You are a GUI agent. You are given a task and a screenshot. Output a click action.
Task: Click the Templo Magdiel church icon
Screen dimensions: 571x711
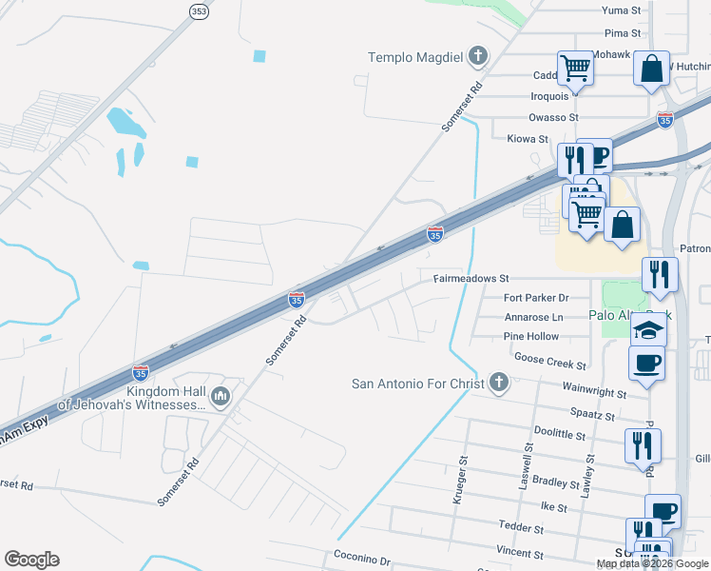tap(478, 58)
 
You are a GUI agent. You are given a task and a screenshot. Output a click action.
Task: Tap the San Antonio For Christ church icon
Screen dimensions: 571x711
tap(498, 384)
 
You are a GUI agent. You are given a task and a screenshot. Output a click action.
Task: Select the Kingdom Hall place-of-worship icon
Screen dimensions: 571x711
tap(221, 395)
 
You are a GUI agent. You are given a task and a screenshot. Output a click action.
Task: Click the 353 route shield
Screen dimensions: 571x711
tap(198, 11)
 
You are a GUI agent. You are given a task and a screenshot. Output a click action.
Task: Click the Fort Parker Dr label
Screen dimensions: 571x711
tap(535, 298)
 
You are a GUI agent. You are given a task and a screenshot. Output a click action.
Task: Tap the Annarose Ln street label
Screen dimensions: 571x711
tap(533, 317)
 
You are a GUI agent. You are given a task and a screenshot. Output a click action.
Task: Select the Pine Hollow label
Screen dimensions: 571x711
tap(531, 337)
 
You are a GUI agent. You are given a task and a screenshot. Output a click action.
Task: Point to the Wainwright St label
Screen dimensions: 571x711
tap(594, 390)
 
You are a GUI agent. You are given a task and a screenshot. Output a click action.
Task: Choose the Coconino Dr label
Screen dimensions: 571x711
tap(362, 559)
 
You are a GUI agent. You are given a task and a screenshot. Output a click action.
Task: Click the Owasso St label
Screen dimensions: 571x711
tap(553, 118)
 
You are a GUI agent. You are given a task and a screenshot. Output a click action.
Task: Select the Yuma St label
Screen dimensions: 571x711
tap(623, 10)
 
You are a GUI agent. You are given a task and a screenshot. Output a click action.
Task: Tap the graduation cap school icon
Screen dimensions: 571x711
tap(650, 330)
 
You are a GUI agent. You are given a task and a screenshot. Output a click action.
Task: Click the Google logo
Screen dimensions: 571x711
tap(31, 560)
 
